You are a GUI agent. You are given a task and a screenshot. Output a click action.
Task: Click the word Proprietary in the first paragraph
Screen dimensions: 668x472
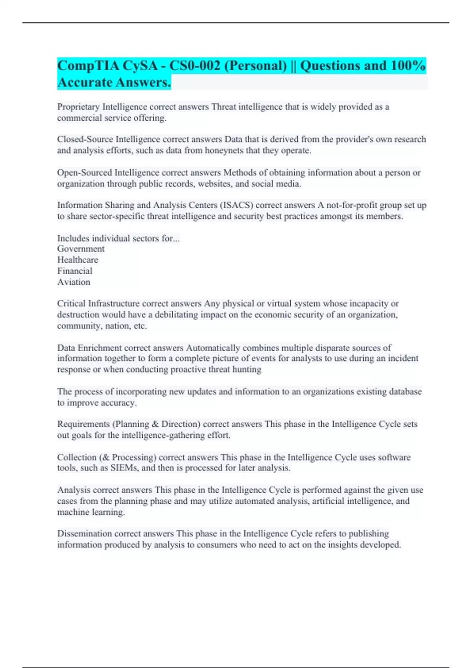tap(78, 107)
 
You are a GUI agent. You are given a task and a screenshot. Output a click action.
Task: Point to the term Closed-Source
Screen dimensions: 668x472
tap(85, 139)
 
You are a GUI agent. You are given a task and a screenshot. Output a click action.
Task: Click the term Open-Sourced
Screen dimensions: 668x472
tap(84, 173)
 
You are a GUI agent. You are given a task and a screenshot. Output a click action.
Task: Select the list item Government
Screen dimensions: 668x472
tap(81, 249)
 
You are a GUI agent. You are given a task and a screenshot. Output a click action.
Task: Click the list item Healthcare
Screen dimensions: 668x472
tap(77, 260)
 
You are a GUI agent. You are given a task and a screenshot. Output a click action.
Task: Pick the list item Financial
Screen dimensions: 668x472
tap(75, 271)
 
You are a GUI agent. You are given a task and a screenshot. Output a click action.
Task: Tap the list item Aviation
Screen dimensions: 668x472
tap(74, 282)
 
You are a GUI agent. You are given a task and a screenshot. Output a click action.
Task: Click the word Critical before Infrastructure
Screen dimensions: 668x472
tap(71, 303)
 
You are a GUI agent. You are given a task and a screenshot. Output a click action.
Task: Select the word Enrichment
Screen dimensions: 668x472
tap(100, 348)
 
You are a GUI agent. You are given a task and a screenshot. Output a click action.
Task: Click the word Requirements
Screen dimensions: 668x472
tap(83, 424)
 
